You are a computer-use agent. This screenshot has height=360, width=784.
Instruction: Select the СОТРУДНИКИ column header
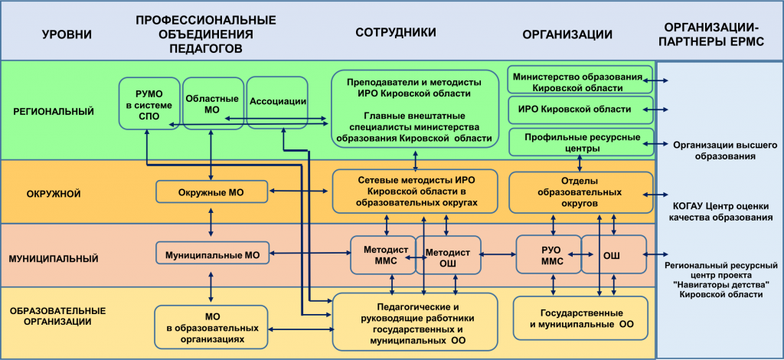pyautogui.click(x=396, y=32)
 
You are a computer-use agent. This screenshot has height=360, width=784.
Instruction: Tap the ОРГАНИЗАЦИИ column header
pyautogui.click(x=568, y=34)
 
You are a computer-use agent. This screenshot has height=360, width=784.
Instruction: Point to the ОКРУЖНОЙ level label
pyautogui.click(x=54, y=194)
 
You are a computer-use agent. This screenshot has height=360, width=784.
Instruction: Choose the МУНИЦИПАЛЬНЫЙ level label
pyautogui.click(x=53, y=259)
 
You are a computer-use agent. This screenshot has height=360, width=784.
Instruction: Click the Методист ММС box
pyautogui.click(x=383, y=255)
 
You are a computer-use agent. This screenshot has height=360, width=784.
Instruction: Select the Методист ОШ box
pyautogui.click(x=449, y=255)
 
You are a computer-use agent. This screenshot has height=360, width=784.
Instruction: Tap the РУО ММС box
pyautogui.click(x=548, y=255)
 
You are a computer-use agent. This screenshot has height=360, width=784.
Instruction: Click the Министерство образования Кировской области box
pyautogui.click(x=580, y=80)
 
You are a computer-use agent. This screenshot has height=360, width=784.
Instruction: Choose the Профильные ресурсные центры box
pyautogui.click(x=580, y=142)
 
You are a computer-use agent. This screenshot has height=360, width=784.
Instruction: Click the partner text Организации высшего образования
pyautogui.click(x=714, y=150)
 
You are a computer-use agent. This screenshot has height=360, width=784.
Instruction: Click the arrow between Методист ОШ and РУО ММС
pyautogui.click(x=499, y=254)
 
